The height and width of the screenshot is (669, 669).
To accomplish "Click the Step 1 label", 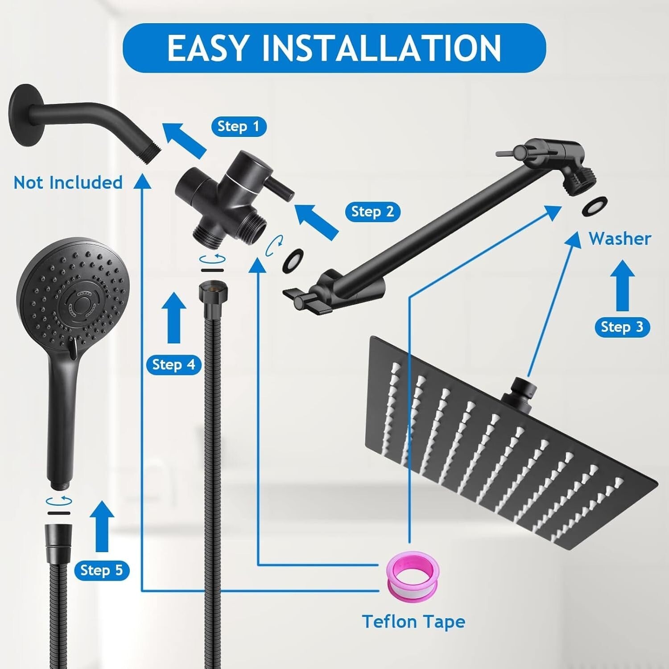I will click(x=239, y=127).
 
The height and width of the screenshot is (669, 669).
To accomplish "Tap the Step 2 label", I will click(x=372, y=211).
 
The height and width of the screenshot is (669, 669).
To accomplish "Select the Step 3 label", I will click(x=622, y=327).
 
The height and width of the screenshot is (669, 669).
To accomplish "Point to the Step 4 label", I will click(x=173, y=365).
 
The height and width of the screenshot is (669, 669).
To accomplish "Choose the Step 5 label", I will click(x=101, y=570).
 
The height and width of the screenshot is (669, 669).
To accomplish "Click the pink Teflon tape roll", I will click(x=412, y=575).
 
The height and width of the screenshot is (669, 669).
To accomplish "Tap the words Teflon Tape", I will click(x=413, y=621).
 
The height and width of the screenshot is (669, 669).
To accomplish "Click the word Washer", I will click(x=619, y=239).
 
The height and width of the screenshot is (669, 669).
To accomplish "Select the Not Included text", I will click(x=68, y=182).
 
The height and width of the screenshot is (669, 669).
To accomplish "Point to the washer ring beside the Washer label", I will click(x=595, y=206).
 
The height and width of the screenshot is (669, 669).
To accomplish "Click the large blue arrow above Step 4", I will click(x=173, y=318).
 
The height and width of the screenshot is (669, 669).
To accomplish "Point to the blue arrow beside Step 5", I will click(x=102, y=525).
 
